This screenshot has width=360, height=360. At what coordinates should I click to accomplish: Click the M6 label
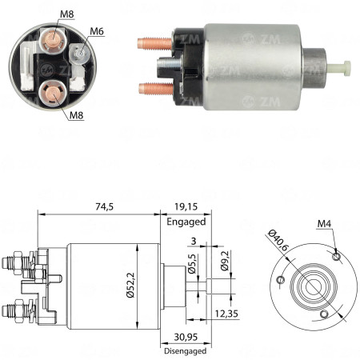click(x=97, y=31)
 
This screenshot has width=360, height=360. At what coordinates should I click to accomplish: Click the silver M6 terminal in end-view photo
click(x=79, y=54)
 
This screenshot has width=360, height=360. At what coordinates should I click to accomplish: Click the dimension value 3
click(x=192, y=239)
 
